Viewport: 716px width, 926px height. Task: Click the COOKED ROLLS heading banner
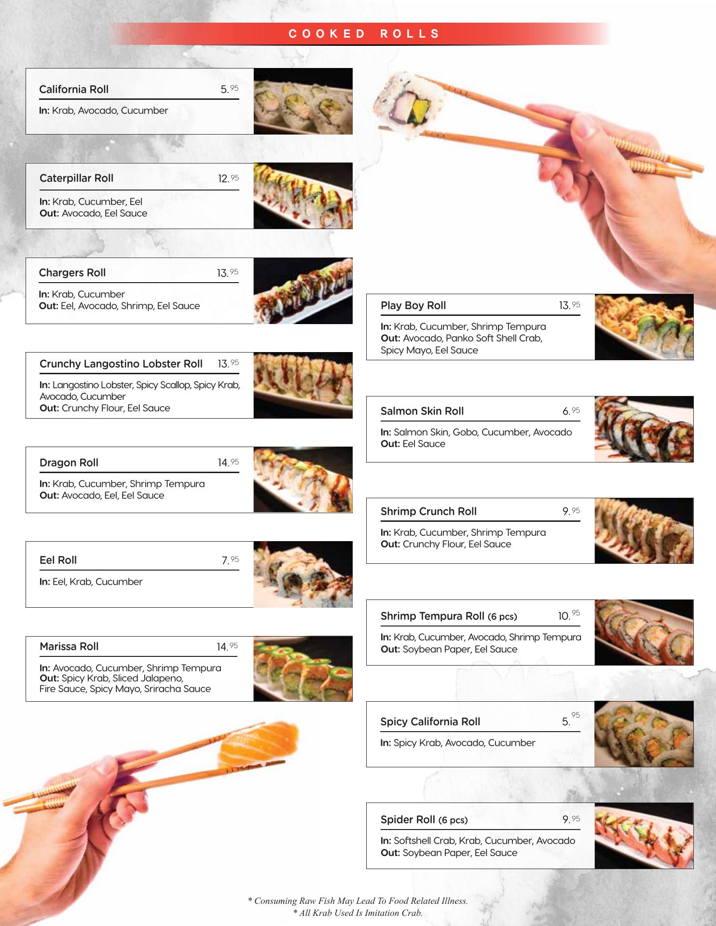[x=360, y=34]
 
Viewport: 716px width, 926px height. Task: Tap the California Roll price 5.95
[x=230, y=89]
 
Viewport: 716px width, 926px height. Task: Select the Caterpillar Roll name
[x=76, y=178]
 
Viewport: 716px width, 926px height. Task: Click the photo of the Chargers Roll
[x=303, y=291]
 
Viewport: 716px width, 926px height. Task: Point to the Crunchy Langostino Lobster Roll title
[x=121, y=364]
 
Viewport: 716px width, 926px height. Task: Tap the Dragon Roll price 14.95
[x=228, y=463]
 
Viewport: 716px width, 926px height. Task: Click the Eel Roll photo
[x=303, y=574]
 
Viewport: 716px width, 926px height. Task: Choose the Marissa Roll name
[x=69, y=646]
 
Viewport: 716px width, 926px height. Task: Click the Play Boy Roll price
[x=570, y=305]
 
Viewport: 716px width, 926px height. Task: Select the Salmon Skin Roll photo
[x=644, y=429]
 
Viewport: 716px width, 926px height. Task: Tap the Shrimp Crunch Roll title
[x=428, y=511]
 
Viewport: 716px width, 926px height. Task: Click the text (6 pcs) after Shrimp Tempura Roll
[x=502, y=617]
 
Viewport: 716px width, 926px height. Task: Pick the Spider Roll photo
[x=644, y=836]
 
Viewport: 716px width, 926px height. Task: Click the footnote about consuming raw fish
[x=358, y=900]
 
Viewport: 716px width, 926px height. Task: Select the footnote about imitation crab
[x=358, y=913]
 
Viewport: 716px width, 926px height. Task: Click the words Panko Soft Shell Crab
[x=493, y=338]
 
